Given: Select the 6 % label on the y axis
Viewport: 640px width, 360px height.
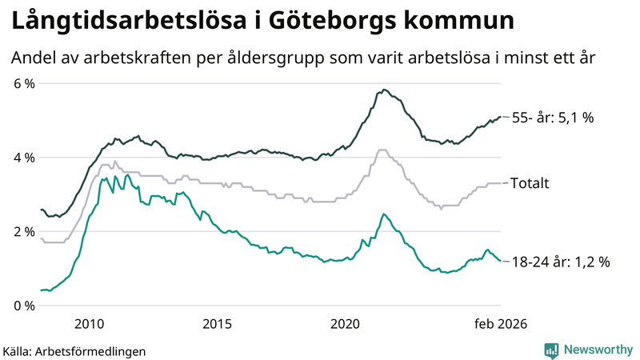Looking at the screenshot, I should pyautogui.click(x=23, y=83).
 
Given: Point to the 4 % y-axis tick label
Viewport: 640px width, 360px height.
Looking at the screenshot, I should pyautogui.click(x=23, y=158).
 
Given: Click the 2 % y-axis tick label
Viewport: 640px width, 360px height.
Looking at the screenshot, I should pyautogui.click(x=23, y=231).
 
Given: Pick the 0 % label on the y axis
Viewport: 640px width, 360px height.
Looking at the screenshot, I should pyautogui.click(x=23, y=306).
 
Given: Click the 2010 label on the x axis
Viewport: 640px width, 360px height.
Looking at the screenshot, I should pyautogui.click(x=89, y=323).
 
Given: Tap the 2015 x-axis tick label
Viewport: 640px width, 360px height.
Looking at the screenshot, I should pyautogui.click(x=218, y=323).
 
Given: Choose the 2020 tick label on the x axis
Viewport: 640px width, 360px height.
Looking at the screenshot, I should pyautogui.click(x=346, y=323).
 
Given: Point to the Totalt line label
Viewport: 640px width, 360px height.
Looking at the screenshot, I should pyautogui.click(x=530, y=183).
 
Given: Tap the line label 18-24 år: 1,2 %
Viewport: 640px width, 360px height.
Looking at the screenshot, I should pyautogui.click(x=561, y=262).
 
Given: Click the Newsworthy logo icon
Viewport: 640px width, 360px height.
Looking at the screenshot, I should pyautogui.click(x=551, y=350).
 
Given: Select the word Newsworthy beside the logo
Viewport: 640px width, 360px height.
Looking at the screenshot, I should pyautogui.click(x=596, y=350).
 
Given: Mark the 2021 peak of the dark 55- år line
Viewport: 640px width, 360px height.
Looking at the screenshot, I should pyautogui.click(x=385, y=90).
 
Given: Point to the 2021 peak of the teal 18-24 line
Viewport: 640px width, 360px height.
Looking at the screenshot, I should pyautogui.click(x=384, y=214).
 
